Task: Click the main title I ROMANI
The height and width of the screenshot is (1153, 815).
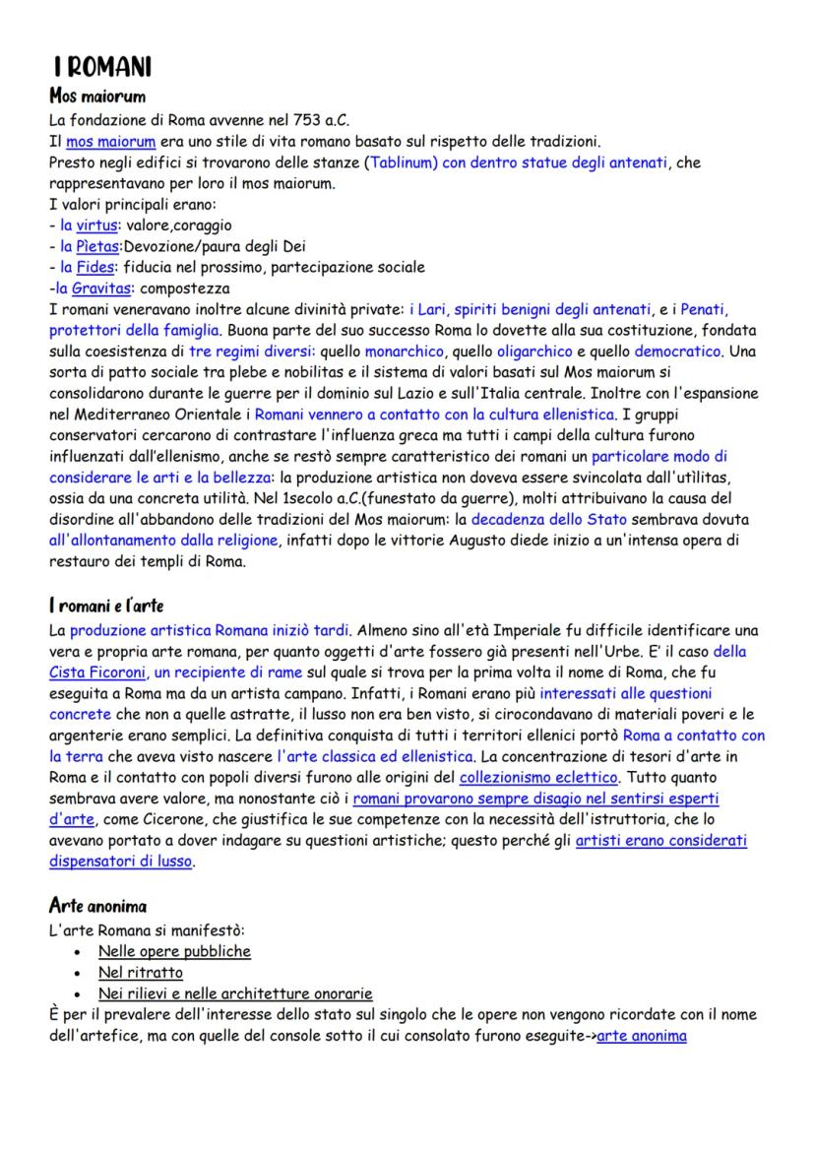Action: [x=102, y=68]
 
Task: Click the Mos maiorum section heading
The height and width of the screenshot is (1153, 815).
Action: [x=97, y=96]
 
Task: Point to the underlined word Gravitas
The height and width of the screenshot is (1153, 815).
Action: [x=100, y=288]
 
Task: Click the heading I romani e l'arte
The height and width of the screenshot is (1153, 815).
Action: [x=106, y=605]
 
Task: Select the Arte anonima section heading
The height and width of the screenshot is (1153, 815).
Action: [x=97, y=905]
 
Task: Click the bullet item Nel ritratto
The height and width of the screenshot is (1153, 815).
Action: [x=141, y=972]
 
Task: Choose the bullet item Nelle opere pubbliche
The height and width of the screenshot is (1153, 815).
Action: [x=174, y=951]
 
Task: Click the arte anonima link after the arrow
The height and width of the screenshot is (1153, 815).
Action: [x=642, y=1036]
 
